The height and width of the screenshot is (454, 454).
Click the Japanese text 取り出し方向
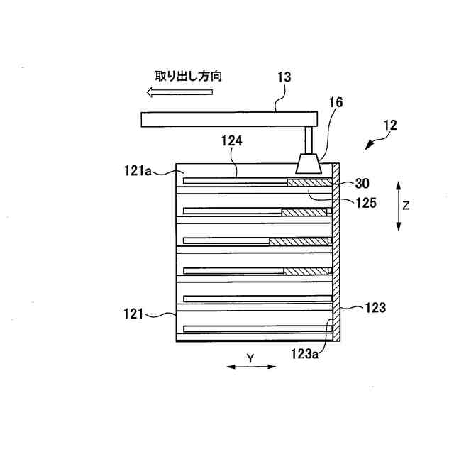pyautogui.click(x=189, y=75)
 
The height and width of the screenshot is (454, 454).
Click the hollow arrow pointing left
pyautogui.click(x=170, y=92)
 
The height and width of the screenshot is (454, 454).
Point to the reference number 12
pyautogui.click(x=389, y=126)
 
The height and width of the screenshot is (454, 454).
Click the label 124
pyautogui.click(x=232, y=141)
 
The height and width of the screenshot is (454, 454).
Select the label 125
pyautogui.click(x=367, y=202)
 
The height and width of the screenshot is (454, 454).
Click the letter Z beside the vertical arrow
pyautogui.click(x=406, y=206)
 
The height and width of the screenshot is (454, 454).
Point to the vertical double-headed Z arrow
pyautogui.click(x=399, y=206)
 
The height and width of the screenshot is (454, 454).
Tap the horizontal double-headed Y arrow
pyautogui.click(x=251, y=367)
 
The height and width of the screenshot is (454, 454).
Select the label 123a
pyautogui.click(x=306, y=350)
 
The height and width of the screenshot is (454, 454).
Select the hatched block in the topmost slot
pyautogui.click(x=309, y=182)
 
